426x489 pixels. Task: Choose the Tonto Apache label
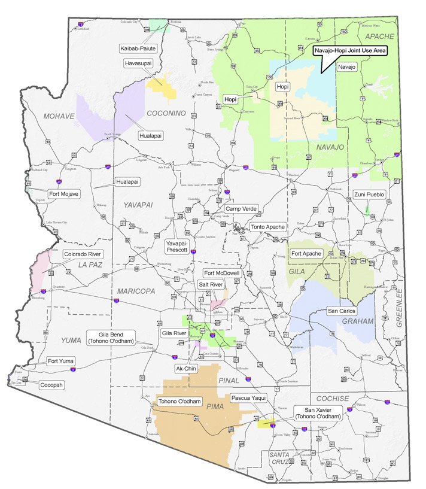(x=269, y=227)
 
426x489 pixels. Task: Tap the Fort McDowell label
(x=222, y=273)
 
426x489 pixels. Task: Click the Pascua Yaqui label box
(x=248, y=397)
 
